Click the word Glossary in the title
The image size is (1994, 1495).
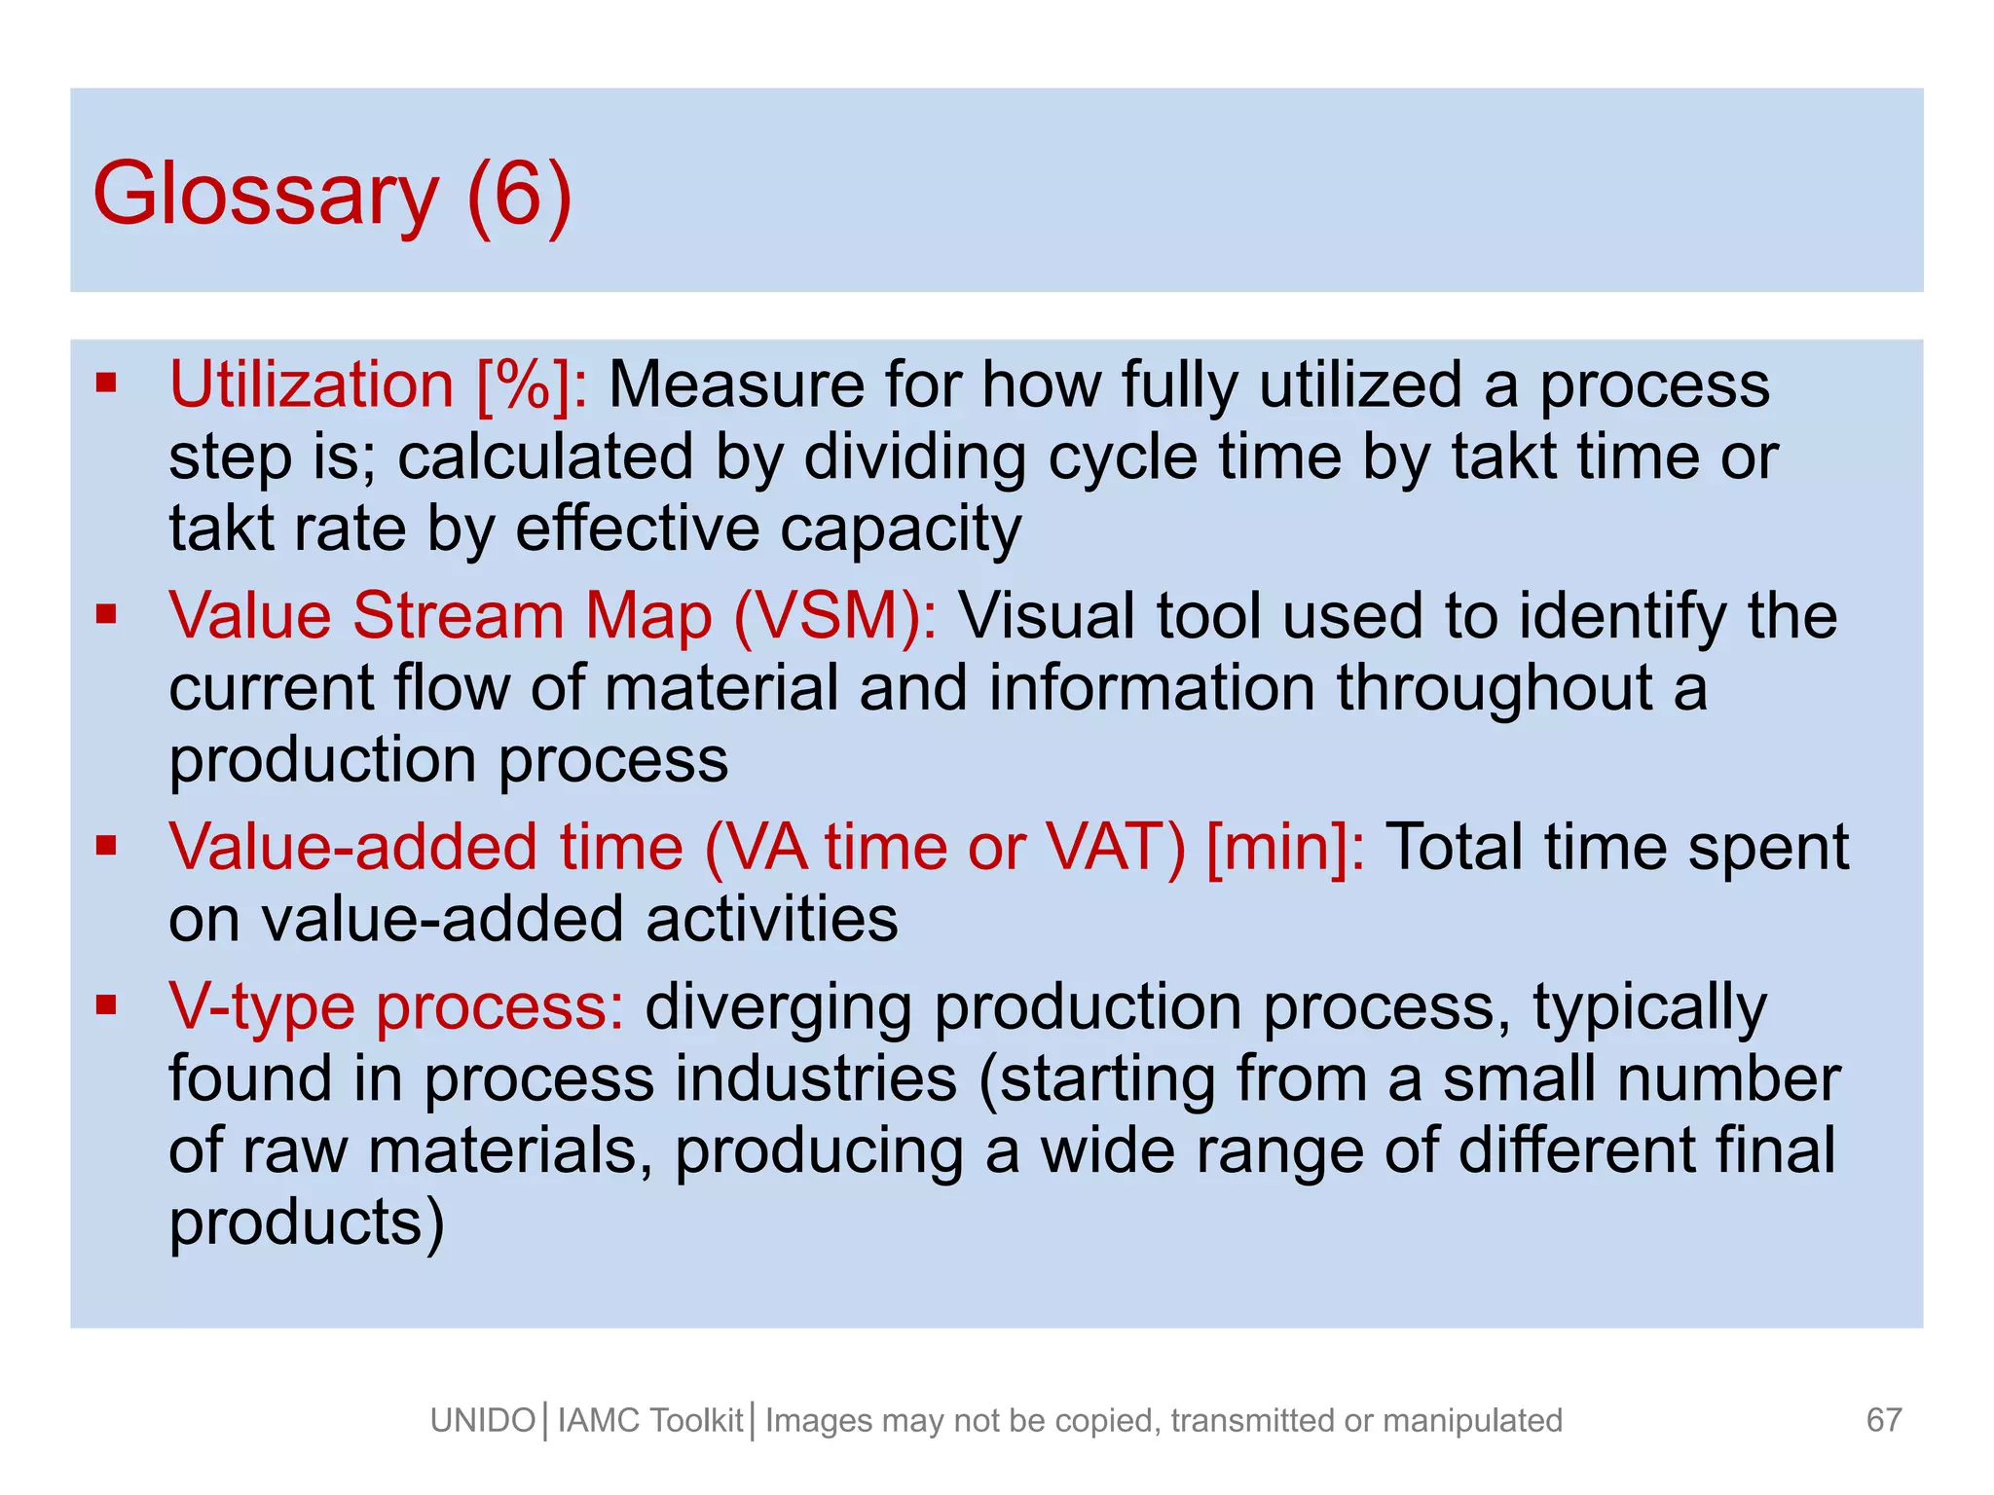pyautogui.click(x=265, y=196)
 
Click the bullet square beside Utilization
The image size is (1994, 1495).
pyautogui.click(x=106, y=382)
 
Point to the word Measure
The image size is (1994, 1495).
pyautogui.click(x=736, y=384)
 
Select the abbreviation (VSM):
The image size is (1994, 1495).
pyautogui.click(x=835, y=616)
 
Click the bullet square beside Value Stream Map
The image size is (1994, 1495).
pyautogui.click(x=106, y=613)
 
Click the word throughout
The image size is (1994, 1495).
pyautogui.click(x=1494, y=688)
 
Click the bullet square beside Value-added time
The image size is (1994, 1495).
pyautogui.click(x=106, y=844)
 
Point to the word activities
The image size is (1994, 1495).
pyautogui.click(x=771, y=919)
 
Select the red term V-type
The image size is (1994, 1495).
pyautogui.click(x=262, y=1006)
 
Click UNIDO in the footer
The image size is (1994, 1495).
pyautogui.click(x=483, y=1421)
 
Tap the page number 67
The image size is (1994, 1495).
pyautogui.click(x=1884, y=1420)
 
